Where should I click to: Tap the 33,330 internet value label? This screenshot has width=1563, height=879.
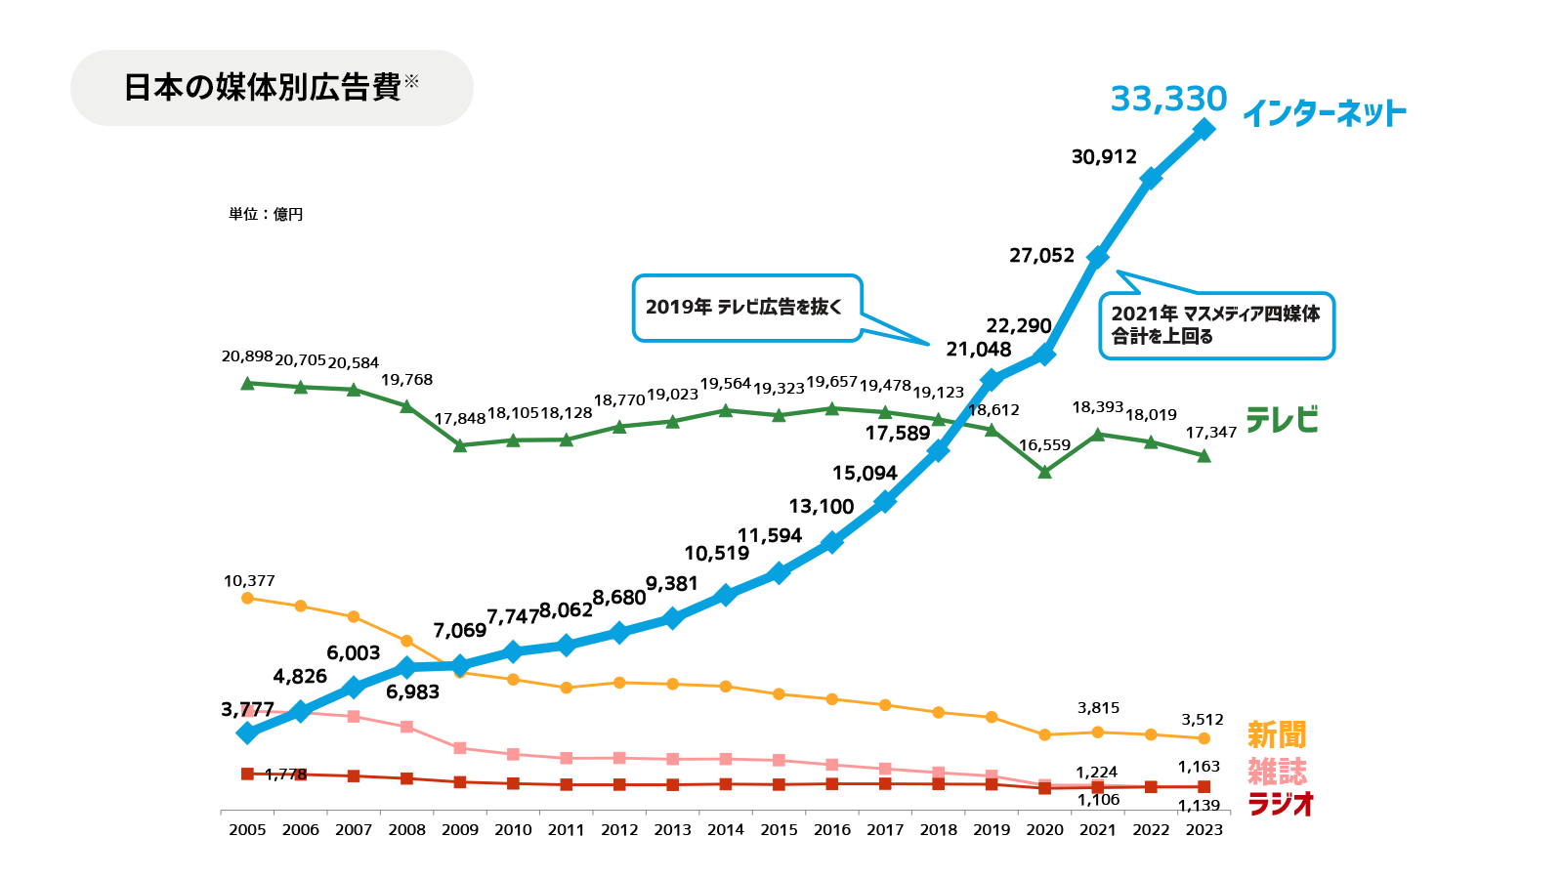point(1168,99)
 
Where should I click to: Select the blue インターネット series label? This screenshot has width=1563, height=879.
point(1324,114)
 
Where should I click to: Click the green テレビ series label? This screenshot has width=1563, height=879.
point(1282,420)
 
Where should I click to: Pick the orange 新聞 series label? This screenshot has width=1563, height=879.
point(1277,734)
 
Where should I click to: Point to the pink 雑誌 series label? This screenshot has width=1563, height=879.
point(1277,772)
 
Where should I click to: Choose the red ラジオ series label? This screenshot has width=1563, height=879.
point(1281,805)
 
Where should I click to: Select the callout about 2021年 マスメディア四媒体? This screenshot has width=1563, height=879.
point(1216,325)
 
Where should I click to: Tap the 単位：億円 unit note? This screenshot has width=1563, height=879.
point(266,214)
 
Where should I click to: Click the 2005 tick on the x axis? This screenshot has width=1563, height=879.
point(247,830)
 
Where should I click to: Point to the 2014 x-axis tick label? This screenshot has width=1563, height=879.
point(726,830)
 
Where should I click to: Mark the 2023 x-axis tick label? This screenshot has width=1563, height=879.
point(1204,830)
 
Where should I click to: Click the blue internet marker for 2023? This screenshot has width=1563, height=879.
point(1204,129)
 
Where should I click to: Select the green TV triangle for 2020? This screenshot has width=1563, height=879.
point(1044,472)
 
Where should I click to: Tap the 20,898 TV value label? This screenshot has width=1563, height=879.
point(247,356)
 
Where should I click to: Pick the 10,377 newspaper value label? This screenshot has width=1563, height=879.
point(249,581)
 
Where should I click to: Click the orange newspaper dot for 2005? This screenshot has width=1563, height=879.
point(247,598)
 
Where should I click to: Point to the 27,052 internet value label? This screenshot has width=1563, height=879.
point(1041,256)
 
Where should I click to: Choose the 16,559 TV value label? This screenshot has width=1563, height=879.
point(1044,445)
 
